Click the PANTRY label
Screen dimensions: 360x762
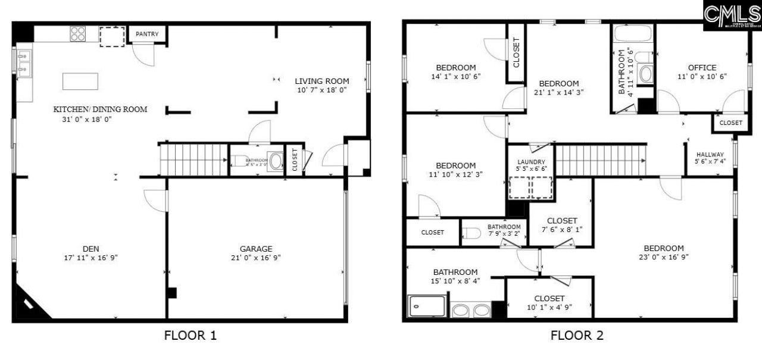pos(147,34)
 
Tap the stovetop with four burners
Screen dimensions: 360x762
pos(78,34)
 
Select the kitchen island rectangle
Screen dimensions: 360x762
pos(80,81)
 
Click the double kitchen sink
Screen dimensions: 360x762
pos(24,64)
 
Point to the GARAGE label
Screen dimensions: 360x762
pos(256,249)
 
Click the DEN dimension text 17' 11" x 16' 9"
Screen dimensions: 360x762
pos(90,258)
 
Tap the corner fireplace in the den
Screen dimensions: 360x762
pos(30,303)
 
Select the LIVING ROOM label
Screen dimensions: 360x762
pos(322,81)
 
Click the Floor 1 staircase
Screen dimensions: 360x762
pos(194,160)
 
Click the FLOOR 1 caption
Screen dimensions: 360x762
pos(190,336)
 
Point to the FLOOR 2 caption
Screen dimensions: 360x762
pos(577,336)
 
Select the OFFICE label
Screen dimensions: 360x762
pos(702,67)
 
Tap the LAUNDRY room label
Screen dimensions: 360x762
pos(532,162)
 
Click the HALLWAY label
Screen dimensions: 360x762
pos(709,154)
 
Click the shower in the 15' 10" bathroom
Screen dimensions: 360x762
pos(426,306)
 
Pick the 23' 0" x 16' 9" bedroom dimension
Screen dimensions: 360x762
pos(663,258)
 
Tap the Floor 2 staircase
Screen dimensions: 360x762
pos(600,160)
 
